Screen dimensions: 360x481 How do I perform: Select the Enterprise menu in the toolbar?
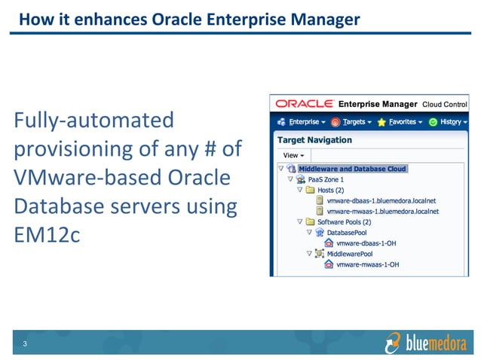(305, 121)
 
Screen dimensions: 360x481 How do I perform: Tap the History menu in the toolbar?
(449, 121)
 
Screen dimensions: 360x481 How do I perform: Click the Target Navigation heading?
(314, 140)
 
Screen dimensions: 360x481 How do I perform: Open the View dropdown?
(293, 155)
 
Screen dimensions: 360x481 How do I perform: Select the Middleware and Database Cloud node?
(352, 169)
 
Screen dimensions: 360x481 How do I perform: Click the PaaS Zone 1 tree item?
(326, 180)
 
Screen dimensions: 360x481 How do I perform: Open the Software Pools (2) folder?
(345, 222)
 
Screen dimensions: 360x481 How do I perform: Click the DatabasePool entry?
(348, 233)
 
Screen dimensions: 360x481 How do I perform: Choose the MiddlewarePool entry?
(349, 254)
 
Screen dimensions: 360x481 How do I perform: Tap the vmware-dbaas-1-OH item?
(368, 243)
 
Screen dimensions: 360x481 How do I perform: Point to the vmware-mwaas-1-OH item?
(368, 265)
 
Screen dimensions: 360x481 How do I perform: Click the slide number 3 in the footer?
(25, 346)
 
